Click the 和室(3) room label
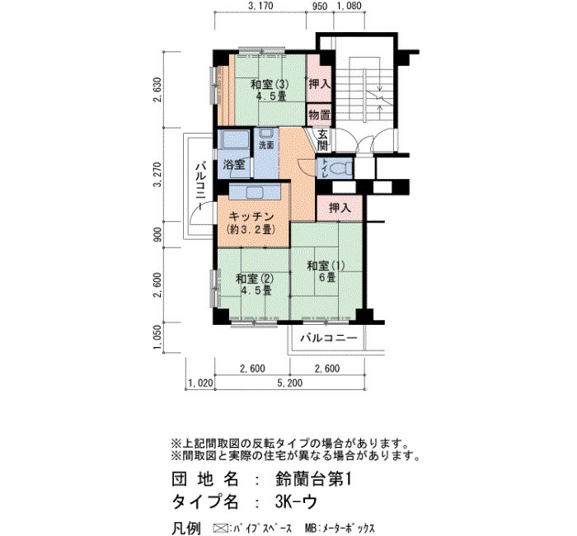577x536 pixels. [x=270, y=84]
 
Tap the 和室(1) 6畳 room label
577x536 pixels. [x=326, y=271]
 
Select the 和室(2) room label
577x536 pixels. [x=255, y=279]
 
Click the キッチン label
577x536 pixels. [x=251, y=216]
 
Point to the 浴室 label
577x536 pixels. [x=233, y=164]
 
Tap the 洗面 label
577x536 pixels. [x=266, y=145]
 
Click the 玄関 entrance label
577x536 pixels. [x=323, y=139]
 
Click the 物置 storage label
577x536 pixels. [x=319, y=115]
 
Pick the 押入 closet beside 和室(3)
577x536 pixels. [x=319, y=84]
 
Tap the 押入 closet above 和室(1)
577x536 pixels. [x=340, y=208]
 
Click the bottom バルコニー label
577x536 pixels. [x=329, y=338]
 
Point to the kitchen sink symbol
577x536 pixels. [x=254, y=192]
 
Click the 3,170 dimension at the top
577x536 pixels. [x=260, y=6]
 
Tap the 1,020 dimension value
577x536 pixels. [x=200, y=383]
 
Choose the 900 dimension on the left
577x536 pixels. [x=158, y=235]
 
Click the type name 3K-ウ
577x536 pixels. [x=296, y=501]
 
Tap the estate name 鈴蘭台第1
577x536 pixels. [x=313, y=479]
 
